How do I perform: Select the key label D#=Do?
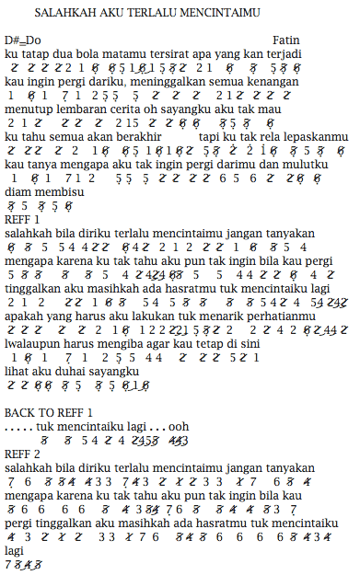(24, 41)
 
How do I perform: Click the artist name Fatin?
(287, 41)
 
